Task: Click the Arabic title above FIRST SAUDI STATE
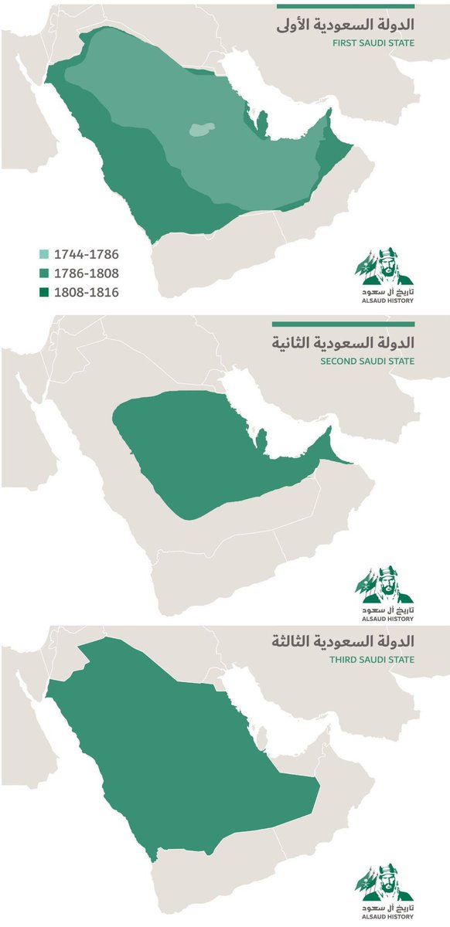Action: tap(344, 25)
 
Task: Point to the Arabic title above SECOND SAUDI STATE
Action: tap(344, 341)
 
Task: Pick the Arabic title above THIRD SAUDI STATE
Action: tap(344, 641)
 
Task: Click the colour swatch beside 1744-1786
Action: tap(44, 253)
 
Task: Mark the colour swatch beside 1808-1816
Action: tap(44, 292)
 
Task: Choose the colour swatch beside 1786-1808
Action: tap(44, 273)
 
